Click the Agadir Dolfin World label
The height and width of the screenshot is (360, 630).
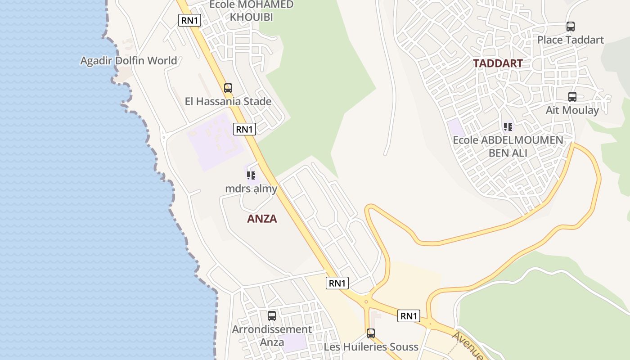129,60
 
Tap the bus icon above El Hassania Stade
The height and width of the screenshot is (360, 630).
228,88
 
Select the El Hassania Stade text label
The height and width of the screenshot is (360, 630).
228,101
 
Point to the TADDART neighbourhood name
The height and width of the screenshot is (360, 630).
498,63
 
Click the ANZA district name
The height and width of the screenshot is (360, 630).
262,219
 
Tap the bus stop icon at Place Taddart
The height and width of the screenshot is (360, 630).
571,27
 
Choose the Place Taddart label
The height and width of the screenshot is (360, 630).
571,40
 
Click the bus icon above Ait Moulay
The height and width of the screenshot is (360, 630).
572,97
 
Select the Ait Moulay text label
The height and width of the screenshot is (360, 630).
572,110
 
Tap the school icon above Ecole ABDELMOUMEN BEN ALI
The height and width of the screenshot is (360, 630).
508,127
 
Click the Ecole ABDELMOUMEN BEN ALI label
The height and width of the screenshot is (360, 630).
508,146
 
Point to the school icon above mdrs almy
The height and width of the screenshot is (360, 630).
251,175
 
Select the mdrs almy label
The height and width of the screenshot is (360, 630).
251,189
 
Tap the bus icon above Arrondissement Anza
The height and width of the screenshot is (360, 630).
272,316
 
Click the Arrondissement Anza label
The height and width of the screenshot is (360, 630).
272,336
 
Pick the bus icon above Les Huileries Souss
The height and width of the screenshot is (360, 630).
371,333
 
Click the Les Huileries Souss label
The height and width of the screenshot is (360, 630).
371,347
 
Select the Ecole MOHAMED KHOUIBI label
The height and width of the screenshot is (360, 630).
252,11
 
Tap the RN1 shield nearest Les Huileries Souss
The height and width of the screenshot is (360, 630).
409,316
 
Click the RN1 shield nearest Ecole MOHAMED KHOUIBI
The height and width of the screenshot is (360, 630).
189,20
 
